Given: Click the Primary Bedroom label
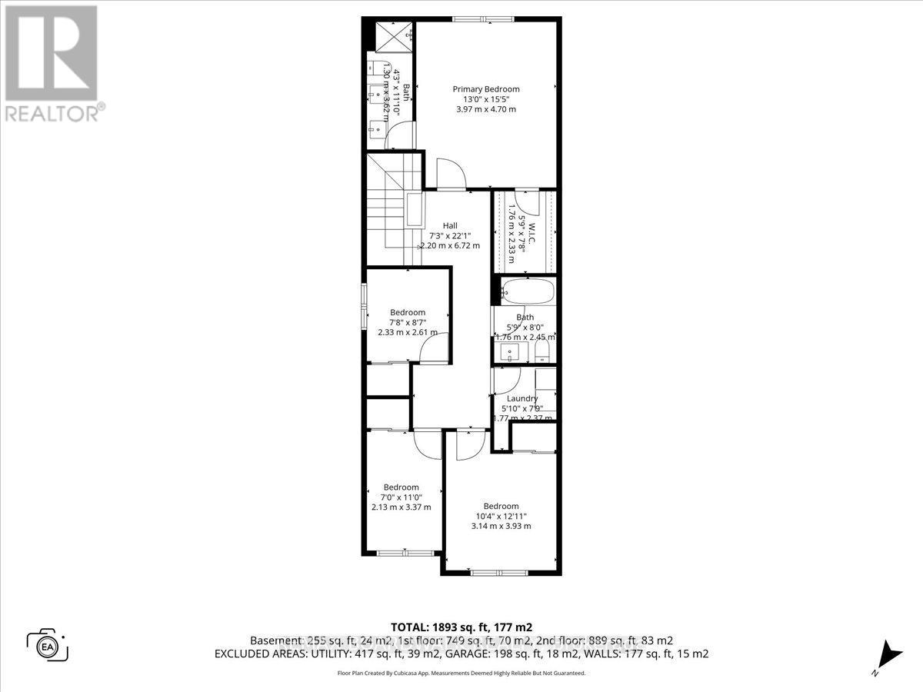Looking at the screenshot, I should [x=485, y=89].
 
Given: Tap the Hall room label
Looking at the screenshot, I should [x=450, y=225].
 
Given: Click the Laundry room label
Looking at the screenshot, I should [x=521, y=398].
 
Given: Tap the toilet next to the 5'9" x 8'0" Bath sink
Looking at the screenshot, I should [x=541, y=352].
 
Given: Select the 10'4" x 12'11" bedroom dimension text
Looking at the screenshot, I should [x=501, y=516].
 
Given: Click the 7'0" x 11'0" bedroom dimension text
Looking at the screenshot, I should [x=401, y=497].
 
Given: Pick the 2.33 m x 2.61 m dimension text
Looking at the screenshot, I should [x=408, y=332].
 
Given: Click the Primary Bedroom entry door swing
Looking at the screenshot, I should [x=451, y=174].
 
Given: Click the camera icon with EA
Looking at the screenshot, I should [x=48, y=644].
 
